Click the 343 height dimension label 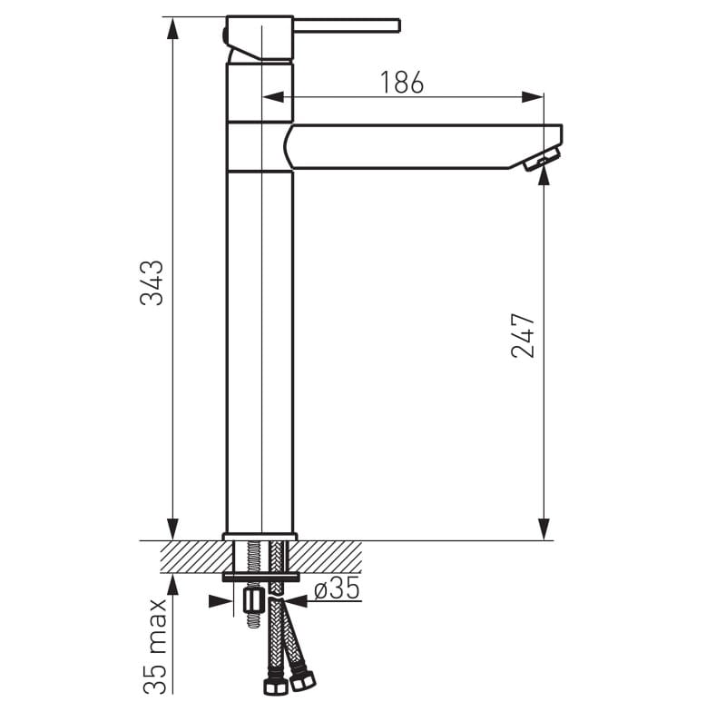(152, 283)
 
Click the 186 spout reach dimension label (402, 82)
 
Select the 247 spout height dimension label (523, 335)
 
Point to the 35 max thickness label (155, 646)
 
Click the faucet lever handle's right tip (398, 25)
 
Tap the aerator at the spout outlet (542, 159)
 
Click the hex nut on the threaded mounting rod (253, 600)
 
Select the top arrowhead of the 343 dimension (172, 27)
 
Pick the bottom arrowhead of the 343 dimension (172, 529)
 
